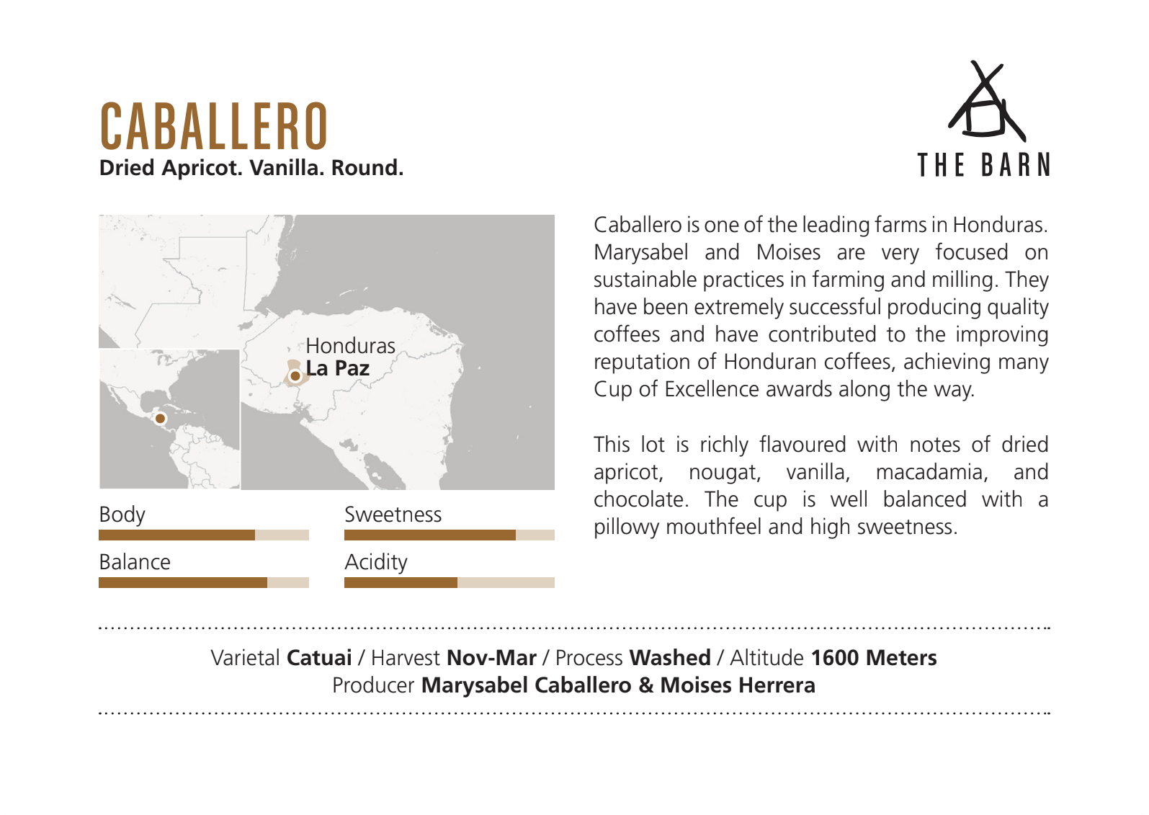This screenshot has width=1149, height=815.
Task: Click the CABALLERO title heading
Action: coord(213,125)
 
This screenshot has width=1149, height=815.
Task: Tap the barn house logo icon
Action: coord(986,101)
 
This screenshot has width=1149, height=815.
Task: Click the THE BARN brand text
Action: coord(983,165)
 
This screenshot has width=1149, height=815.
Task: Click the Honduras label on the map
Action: coord(350,346)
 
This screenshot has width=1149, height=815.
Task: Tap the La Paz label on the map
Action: coord(338,368)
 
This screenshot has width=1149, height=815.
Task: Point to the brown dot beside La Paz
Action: coord(295,376)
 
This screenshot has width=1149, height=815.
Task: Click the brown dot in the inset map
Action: coord(160,419)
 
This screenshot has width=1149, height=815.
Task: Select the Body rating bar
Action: coord(204,535)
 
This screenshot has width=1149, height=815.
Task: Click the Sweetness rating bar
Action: coord(450,535)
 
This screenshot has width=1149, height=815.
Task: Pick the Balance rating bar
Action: coord(204,582)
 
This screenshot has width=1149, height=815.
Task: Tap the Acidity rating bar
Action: coord(450,582)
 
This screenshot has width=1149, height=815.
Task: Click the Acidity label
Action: coord(376,563)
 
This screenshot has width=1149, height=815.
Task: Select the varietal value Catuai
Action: coord(319,658)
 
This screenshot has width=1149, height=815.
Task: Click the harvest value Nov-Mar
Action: coord(491,658)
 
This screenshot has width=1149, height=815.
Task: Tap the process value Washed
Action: coord(670,658)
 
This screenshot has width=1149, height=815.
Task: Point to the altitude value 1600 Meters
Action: coord(874,658)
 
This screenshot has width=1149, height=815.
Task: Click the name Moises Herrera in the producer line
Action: coord(738,686)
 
